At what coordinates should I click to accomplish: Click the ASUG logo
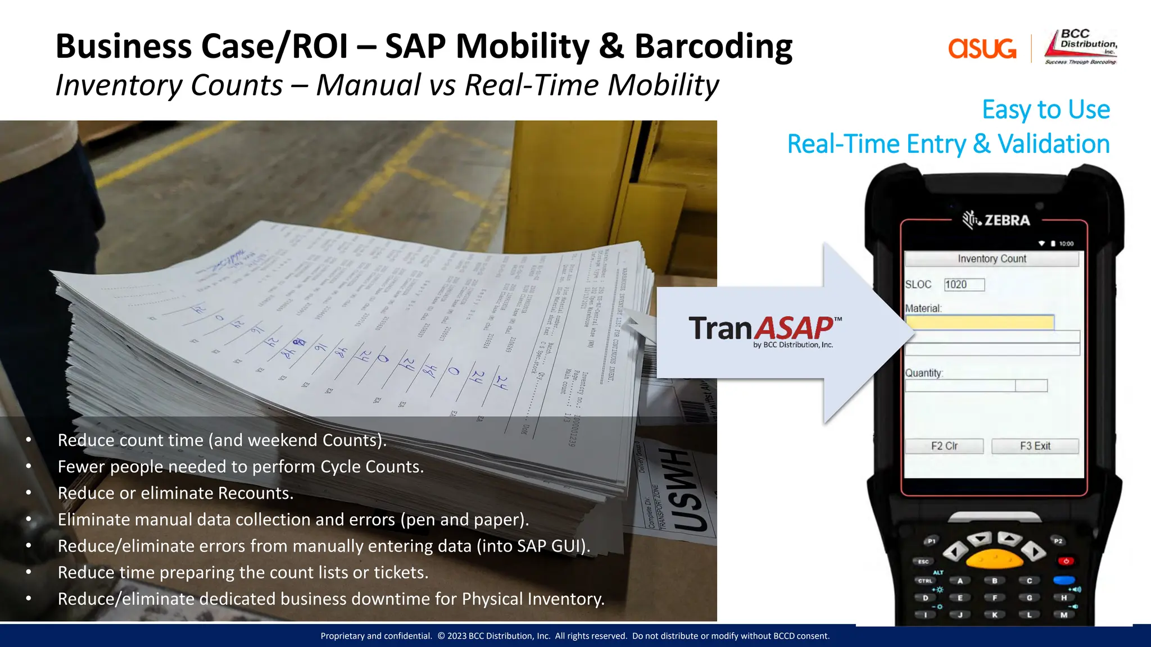point(982,49)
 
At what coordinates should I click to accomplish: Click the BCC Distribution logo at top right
point(1081,47)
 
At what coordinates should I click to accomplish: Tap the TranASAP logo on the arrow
point(764,331)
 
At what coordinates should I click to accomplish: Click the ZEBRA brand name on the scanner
point(1007,220)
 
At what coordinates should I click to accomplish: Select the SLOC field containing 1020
point(964,285)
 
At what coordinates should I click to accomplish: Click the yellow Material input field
point(979,322)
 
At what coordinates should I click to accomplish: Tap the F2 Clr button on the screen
point(944,446)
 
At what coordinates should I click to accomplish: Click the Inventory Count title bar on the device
point(991,259)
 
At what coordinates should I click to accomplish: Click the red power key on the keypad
point(1066,561)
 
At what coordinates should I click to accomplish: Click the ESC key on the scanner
point(923,561)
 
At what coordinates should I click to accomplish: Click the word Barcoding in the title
point(713,46)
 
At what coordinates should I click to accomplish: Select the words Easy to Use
point(1045,110)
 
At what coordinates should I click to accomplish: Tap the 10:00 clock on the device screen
point(1066,244)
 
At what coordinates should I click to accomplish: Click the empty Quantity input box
point(960,386)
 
